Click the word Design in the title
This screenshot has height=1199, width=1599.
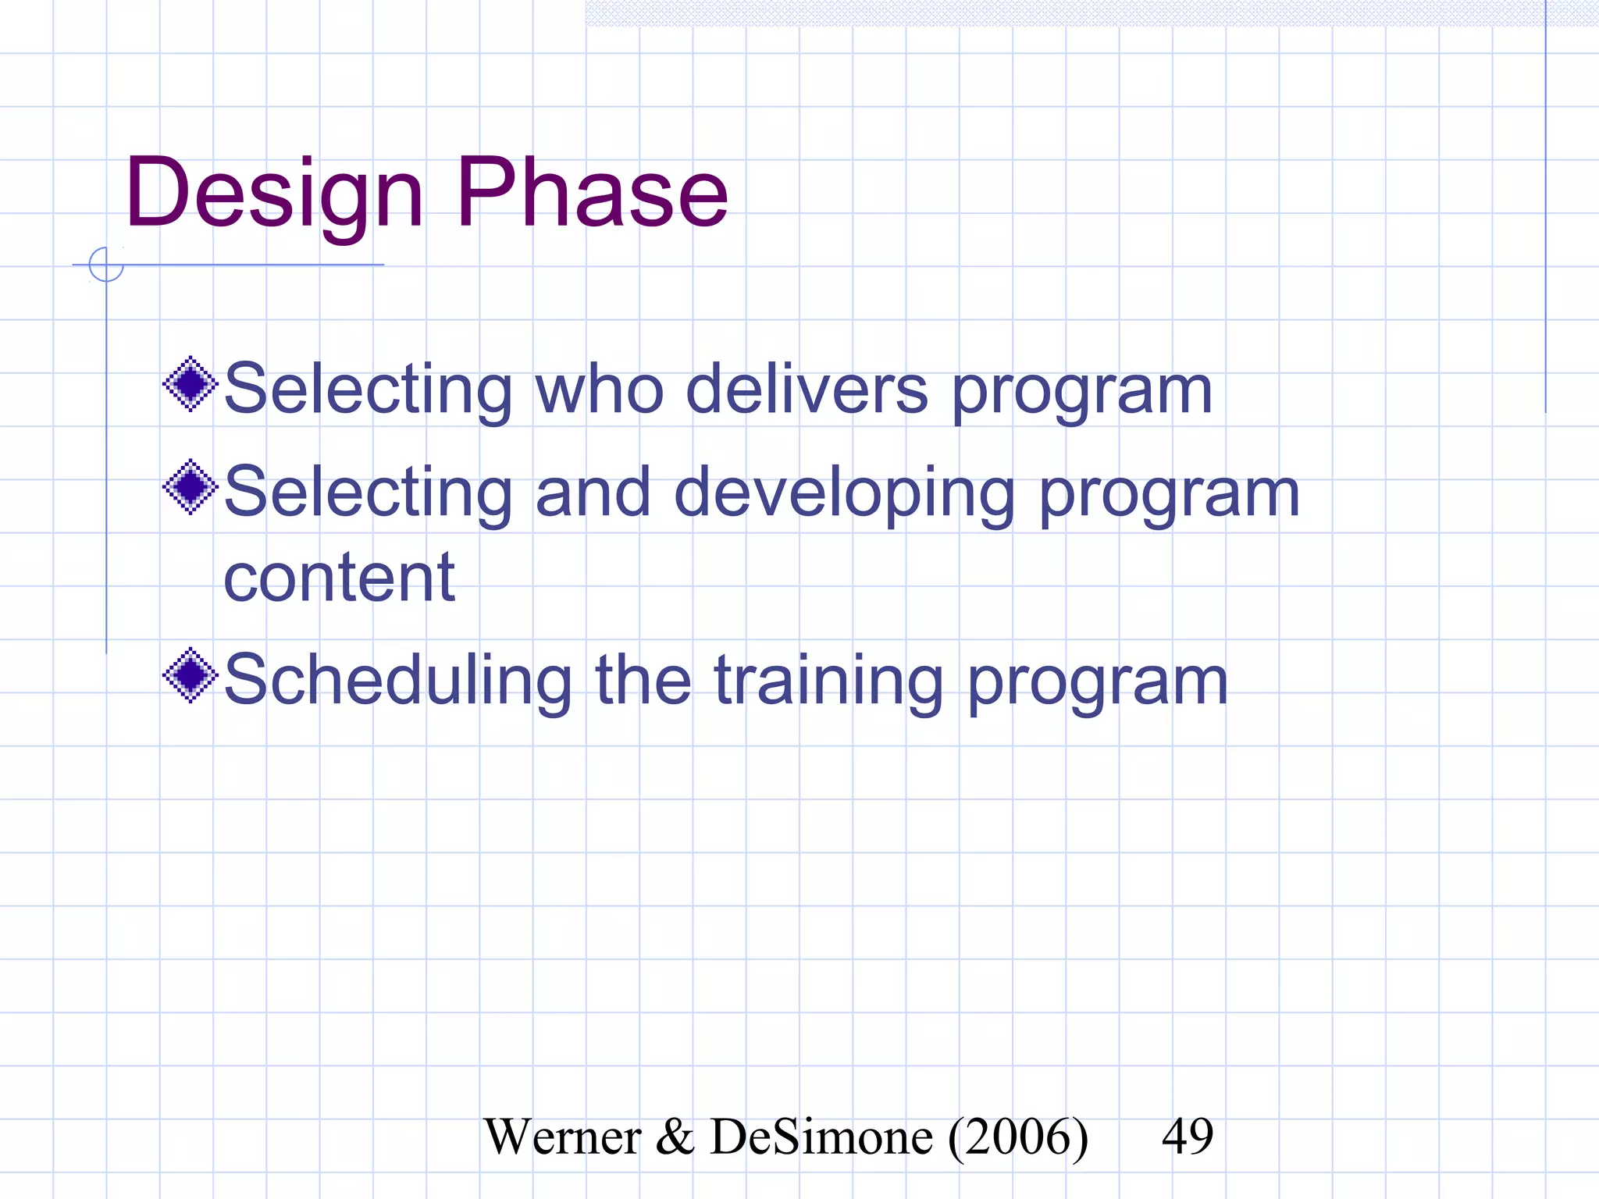pos(273,194)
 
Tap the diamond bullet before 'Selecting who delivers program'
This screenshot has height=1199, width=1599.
pos(190,384)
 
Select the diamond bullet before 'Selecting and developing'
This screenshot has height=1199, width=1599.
pos(190,487)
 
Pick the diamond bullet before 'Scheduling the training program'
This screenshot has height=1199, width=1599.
pos(190,675)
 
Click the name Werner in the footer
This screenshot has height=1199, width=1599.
pos(562,1137)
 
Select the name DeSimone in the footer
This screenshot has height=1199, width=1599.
pos(821,1137)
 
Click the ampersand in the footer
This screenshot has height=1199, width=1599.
pos(675,1137)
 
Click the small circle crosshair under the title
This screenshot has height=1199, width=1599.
pos(106,265)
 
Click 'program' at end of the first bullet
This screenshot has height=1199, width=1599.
pos(1081,390)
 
